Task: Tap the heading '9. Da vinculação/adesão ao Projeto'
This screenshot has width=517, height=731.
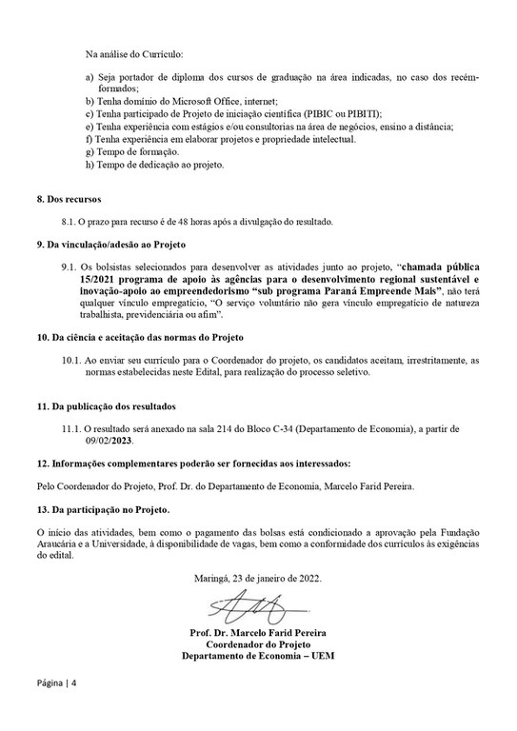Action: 108,246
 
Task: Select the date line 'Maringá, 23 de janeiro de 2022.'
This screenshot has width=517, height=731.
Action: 257,578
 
